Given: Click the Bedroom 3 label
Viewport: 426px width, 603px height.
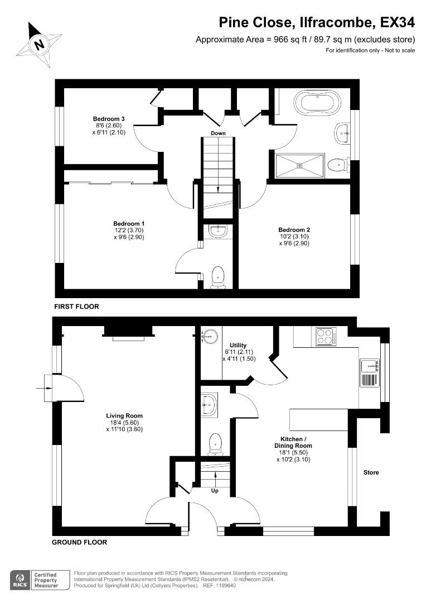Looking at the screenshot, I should (109, 119).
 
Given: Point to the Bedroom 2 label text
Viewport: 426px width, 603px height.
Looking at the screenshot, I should (294, 230).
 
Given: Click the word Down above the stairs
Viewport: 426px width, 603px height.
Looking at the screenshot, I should (218, 133).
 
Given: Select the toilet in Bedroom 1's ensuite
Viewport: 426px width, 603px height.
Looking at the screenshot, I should (217, 276).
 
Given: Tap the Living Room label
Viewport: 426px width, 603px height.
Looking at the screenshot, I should (124, 415).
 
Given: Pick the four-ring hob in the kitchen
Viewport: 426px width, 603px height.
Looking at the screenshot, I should (324, 337).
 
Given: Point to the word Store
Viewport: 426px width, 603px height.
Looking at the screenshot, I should (371, 472).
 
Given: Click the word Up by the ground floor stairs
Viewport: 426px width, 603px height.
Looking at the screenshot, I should (215, 491).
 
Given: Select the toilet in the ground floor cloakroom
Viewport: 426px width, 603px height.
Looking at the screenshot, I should (215, 444).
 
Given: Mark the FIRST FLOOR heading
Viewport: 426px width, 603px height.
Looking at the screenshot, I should (76, 307).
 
